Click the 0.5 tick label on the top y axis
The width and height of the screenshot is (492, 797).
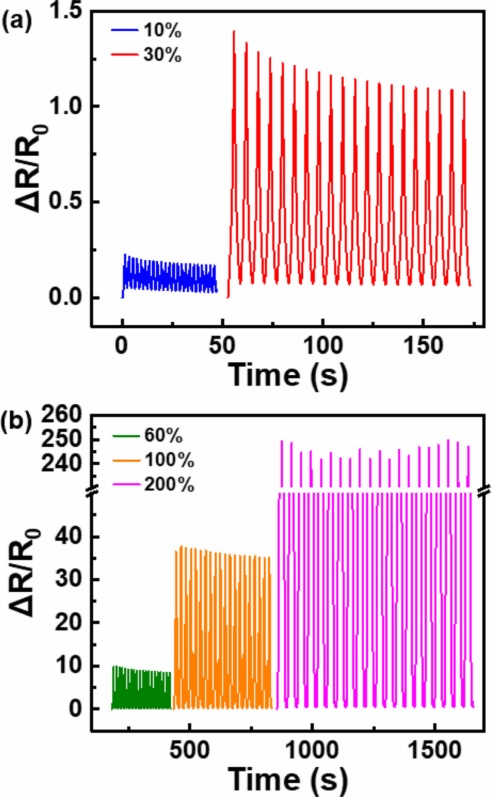(x=66, y=202)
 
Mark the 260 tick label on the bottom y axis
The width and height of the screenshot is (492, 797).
(x=62, y=415)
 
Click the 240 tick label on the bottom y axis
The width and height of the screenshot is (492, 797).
(x=62, y=463)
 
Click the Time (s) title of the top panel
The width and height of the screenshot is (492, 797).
(x=287, y=375)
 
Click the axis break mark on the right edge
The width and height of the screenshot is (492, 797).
(x=484, y=490)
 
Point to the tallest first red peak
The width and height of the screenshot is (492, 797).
(x=234, y=31)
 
